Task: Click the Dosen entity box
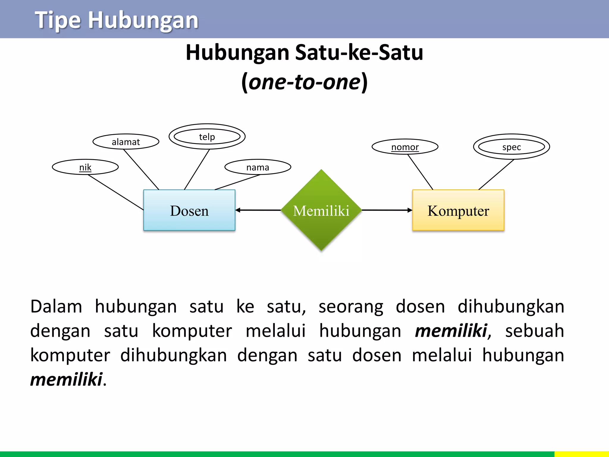coord(189,210)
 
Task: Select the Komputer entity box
coord(458,210)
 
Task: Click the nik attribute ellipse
coord(85,167)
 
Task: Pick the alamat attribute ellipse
coord(126,142)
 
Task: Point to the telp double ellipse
coord(207,137)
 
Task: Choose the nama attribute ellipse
coord(258,167)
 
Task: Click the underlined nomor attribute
coord(405,147)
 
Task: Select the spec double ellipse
coord(511,147)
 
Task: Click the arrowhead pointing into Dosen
coord(238,210)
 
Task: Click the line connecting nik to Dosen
coord(116,192)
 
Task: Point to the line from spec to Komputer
coord(496,175)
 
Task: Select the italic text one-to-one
coord(304,82)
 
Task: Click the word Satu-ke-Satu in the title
coord(359,53)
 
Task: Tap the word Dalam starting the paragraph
coord(56,306)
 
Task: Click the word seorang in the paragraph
coord(351,306)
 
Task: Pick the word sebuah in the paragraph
coord(534,331)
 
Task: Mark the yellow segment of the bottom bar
coord(581,454)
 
